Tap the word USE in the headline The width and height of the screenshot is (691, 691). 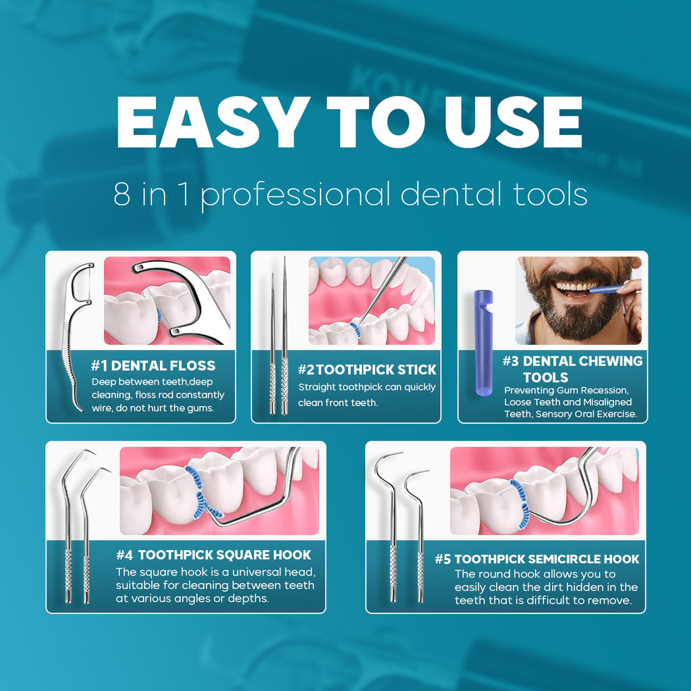[513, 121]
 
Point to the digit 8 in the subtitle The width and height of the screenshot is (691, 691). [122, 194]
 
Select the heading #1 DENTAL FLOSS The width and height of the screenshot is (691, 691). [153, 365]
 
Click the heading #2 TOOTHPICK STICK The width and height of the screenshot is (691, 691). [367, 369]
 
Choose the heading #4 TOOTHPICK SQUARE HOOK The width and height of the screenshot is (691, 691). [214, 555]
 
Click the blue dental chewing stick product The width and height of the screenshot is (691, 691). [483, 342]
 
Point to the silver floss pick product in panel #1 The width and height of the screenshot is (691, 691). [76, 335]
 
